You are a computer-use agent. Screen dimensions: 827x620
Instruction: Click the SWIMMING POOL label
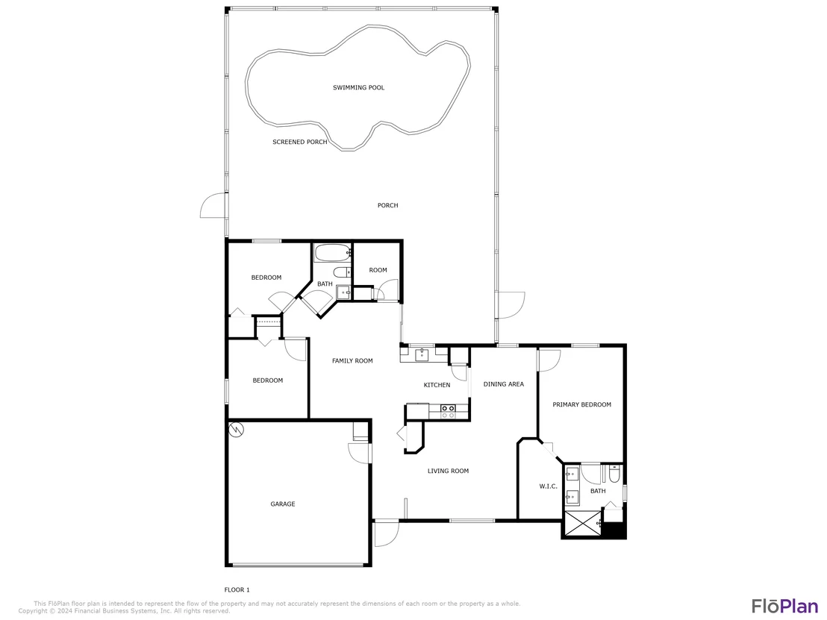point(359,87)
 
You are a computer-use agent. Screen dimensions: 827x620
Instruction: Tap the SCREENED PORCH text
point(299,142)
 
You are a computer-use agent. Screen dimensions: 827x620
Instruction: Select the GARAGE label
point(283,504)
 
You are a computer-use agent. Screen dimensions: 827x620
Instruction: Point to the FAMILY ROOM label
point(352,360)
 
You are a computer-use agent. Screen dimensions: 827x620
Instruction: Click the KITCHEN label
point(437,385)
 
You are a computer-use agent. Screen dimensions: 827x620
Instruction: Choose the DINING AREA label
point(504,383)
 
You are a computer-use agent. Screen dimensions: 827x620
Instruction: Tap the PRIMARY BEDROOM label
point(581,404)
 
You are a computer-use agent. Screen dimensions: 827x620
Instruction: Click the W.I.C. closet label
point(549,486)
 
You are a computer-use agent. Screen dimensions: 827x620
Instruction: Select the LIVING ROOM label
point(449,471)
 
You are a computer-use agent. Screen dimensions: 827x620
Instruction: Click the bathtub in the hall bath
point(333,253)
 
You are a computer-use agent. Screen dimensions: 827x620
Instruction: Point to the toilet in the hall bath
point(343,272)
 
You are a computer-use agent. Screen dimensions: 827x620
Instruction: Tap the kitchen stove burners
point(449,411)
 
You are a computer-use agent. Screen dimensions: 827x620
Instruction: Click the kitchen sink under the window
point(422,354)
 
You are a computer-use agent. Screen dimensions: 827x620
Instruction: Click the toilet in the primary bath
point(614,475)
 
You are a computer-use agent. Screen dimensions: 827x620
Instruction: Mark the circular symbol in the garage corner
point(237,430)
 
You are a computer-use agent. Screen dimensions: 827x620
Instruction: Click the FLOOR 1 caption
point(237,590)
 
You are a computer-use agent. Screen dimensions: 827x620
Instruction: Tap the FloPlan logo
point(784,606)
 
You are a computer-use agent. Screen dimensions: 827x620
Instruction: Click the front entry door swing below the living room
point(387,533)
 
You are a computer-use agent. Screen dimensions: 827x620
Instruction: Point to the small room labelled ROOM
point(378,271)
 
